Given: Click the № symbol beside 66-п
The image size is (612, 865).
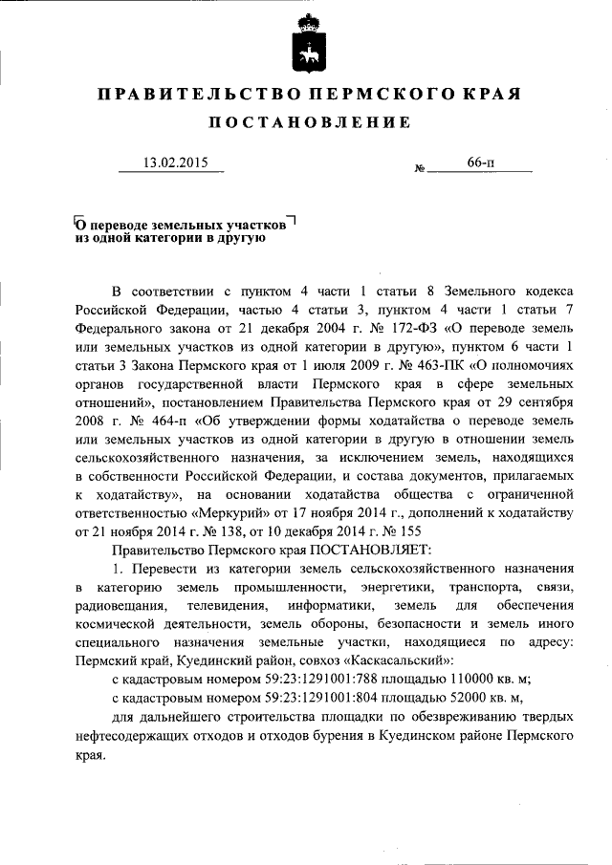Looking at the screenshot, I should point(419,168).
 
